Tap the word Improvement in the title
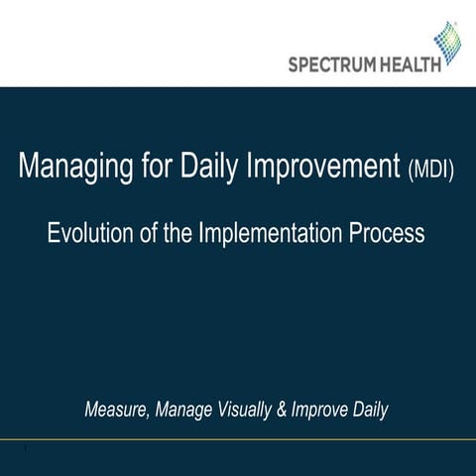pyautogui.click(x=326, y=168)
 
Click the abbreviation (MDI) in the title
pyautogui.click(x=431, y=170)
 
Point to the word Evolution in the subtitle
pyautogui.click(x=90, y=234)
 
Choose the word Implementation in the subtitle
pyautogui.click(x=274, y=234)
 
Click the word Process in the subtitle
pyautogui.click(x=389, y=234)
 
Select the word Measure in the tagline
pyautogui.click(x=115, y=409)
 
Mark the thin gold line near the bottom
pyautogui.click(x=238, y=437)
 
